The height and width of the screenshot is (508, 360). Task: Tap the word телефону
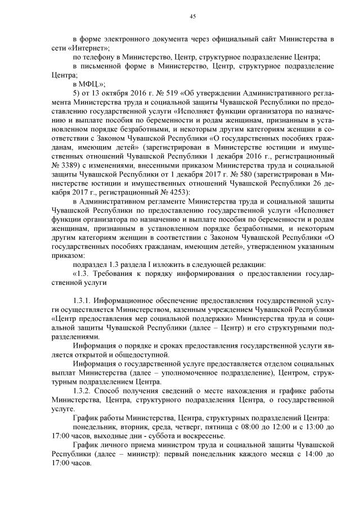tap(101, 57)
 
